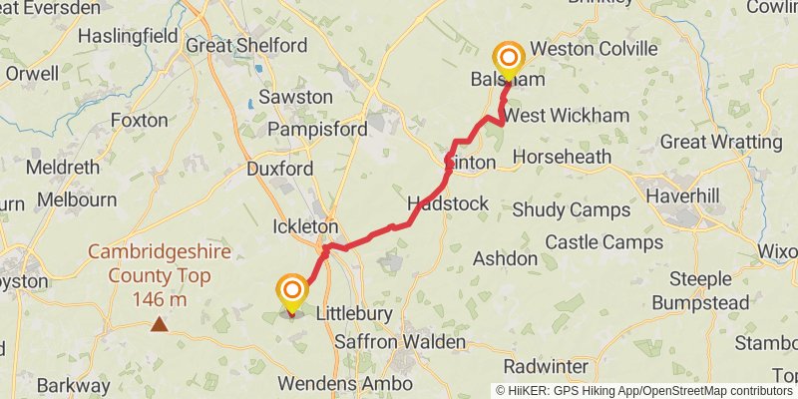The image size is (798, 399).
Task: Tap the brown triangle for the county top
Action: tap(159, 324)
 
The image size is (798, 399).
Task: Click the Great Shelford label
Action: tap(246, 45)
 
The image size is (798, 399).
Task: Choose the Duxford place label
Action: tap(279, 169)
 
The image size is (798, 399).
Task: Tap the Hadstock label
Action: tap(448, 203)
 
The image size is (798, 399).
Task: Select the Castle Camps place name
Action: tap(603, 241)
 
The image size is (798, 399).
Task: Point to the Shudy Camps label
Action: tap(571, 210)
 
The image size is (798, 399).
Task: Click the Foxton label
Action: tap(140, 120)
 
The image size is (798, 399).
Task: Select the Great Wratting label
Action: tap(721, 143)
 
